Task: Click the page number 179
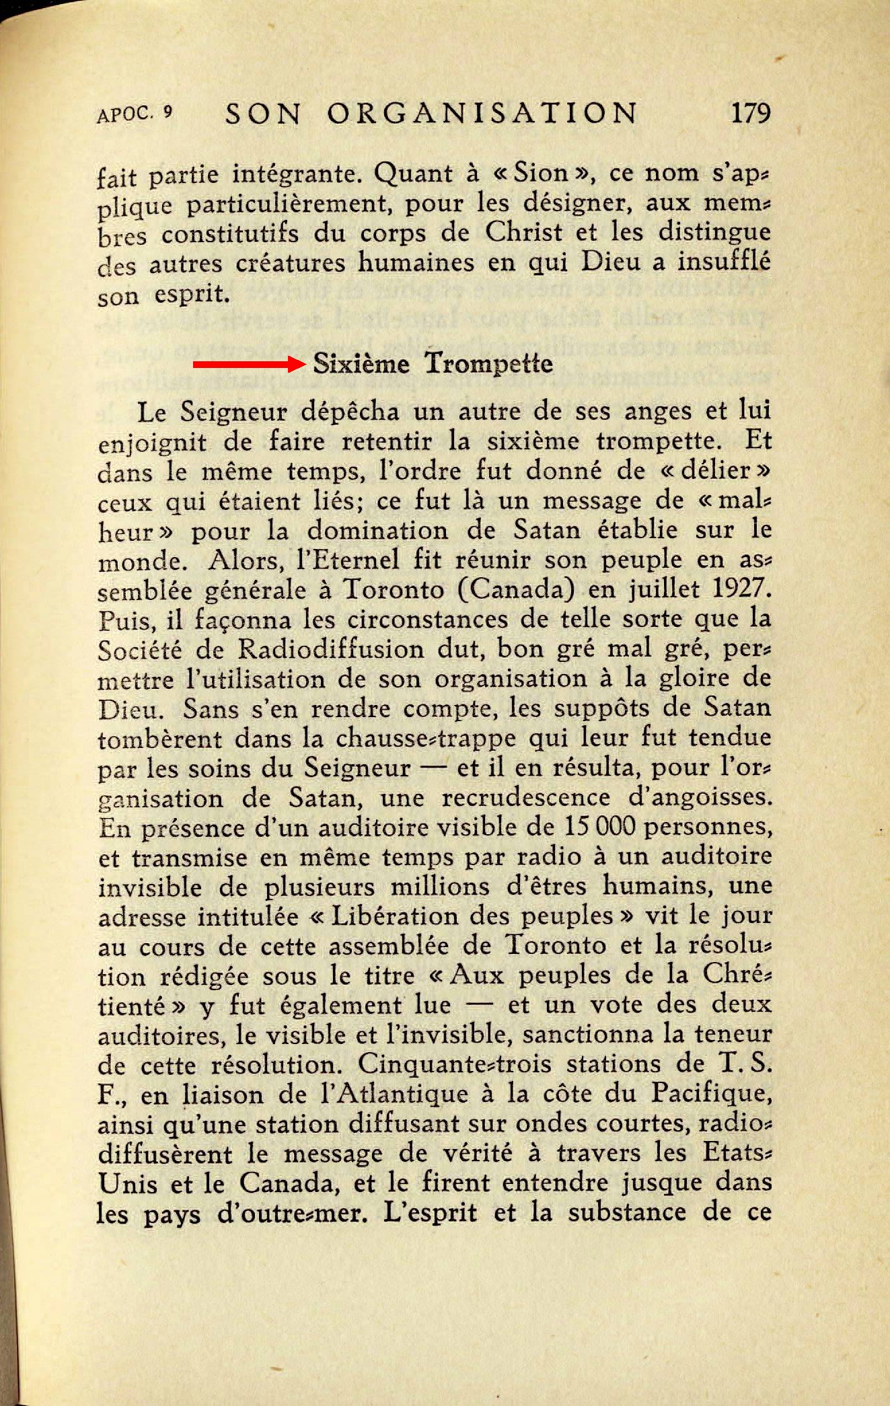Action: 749,112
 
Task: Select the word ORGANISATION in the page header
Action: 482,113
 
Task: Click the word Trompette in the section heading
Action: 488,364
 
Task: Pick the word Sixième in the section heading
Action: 361,364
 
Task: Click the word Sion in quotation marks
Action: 542,174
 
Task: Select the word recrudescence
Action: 526,798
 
